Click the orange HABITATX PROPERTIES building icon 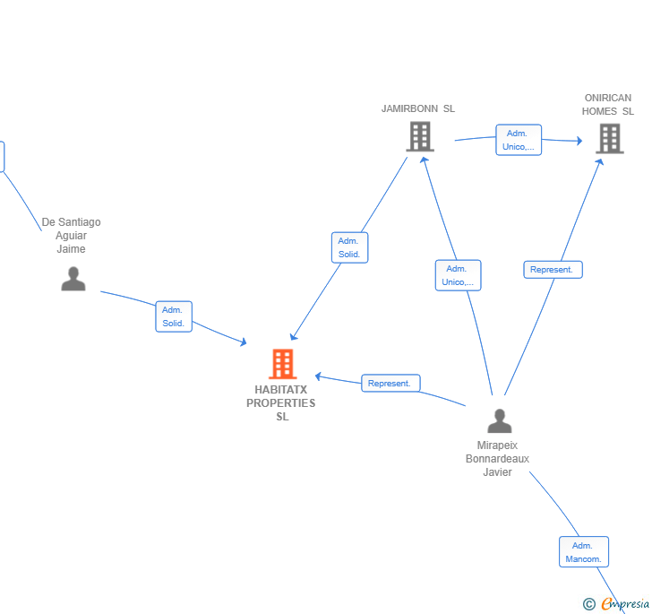(x=283, y=364)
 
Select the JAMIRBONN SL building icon (x=420, y=136)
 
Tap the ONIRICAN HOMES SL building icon (x=610, y=139)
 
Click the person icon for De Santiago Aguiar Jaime (x=73, y=279)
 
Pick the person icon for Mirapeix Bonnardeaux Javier (x=500, y=421)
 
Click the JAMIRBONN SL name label (x=418, y=108)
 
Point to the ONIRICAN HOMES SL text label (x=607, y=105)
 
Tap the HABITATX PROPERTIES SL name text (x=281, y=403)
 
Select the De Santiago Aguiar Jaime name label (x=71, y=235)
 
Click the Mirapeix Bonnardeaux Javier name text (x=497, y=459)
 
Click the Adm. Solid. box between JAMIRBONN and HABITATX (x=349, y=247)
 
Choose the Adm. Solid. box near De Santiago (x=174, y=316)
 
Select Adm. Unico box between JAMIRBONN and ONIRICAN (x=519, y=140)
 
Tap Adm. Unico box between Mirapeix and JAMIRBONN (x=459, y=275)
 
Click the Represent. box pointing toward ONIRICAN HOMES (x=553, y=270)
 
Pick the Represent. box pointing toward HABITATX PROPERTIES (x=390, y=383)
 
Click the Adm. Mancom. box (x=584, y=552)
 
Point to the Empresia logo (x=625, y=604)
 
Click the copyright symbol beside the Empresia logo (x=589, y=604)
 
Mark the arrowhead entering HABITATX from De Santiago (x=244, y=342)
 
